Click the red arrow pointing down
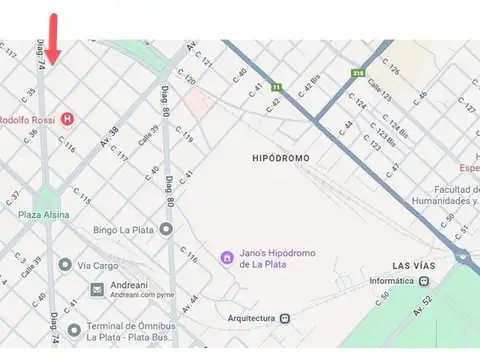point(53,38)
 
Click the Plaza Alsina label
point(43,214)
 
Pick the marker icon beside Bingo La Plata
point(166,230)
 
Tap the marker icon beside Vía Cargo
point(65,265)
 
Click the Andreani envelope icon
point(97,290)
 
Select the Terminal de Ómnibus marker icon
point(73,331)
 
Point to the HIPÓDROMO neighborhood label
point(281,158)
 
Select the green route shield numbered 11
point(275,87)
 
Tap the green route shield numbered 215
point(358,72)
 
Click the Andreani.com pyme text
point(142,297)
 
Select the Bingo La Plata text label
point(124,230)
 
